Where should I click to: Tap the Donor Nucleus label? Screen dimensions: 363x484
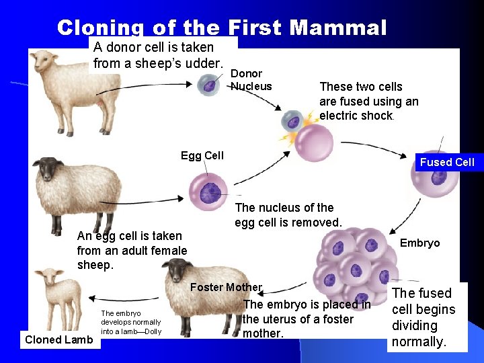tap(251, 79)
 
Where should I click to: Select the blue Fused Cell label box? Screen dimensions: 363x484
tap(446, 162)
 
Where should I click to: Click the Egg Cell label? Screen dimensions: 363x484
tap(202, 156)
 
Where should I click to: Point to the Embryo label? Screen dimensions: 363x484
tap(420, 243)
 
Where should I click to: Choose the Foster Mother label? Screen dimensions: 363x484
tap(226, 287)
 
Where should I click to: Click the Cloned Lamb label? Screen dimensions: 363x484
tap(58, 339)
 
